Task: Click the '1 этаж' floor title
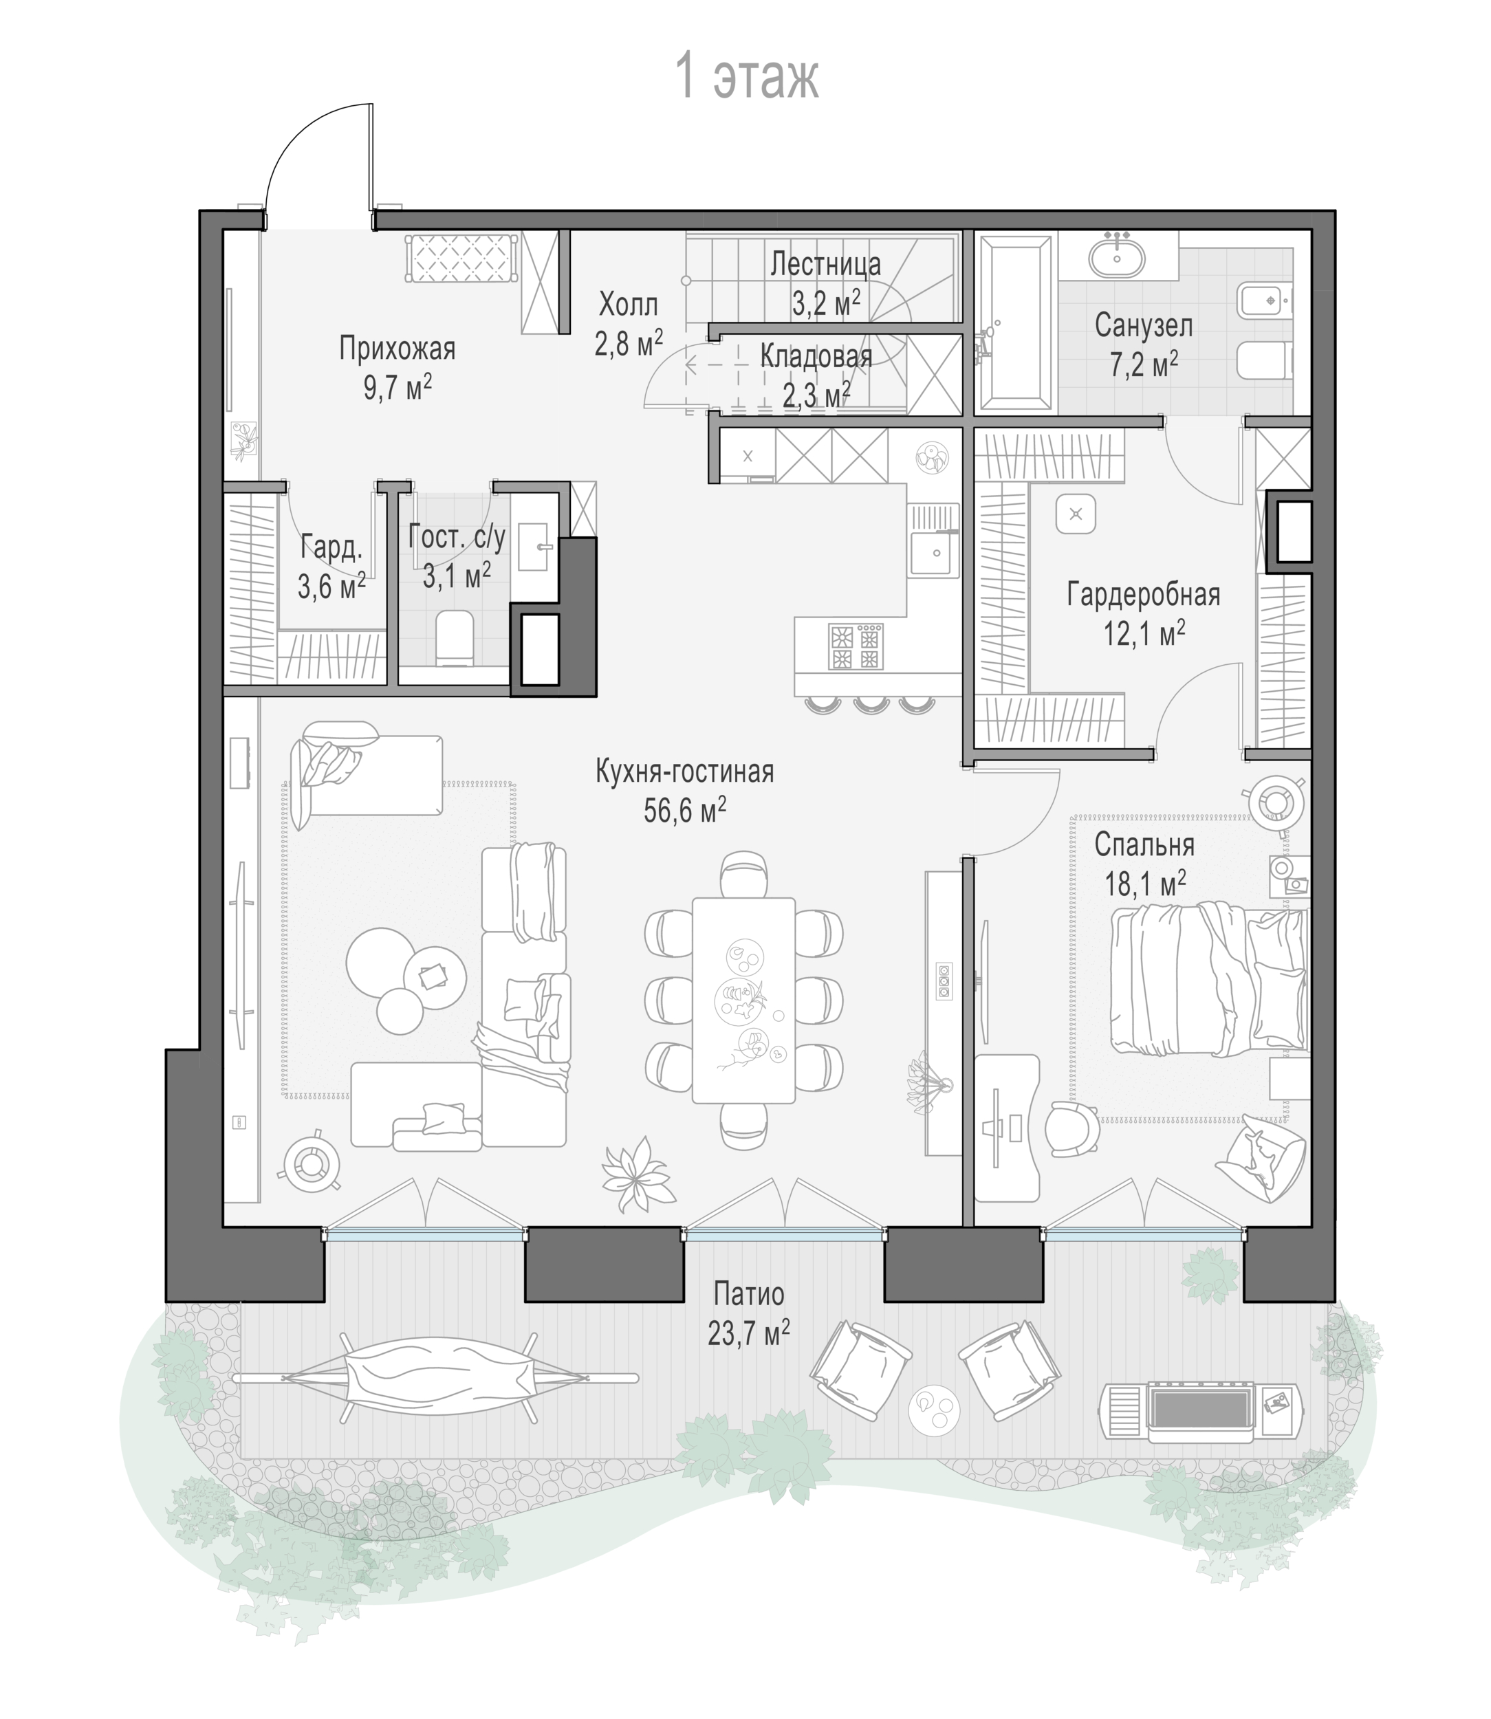[x=746, y=76]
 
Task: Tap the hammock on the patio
[x=435, y=1378]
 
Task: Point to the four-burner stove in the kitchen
[x=856, y=647]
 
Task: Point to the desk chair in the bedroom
[x=1072, y=1129]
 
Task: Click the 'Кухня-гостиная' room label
[x=685, y=771]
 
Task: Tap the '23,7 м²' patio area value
[x=749, y=1334]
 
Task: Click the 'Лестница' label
[x=825, y=264]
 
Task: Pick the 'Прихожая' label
[x=398, y=348]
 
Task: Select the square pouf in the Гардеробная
[x=1076, y=514]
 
